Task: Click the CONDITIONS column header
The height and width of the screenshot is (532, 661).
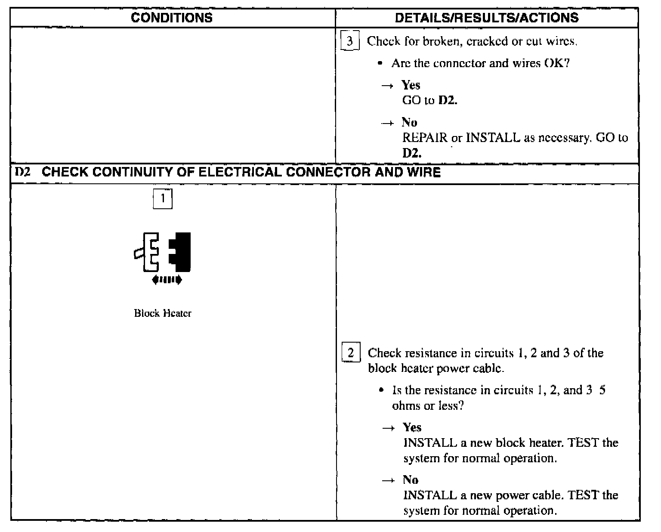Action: [x=172, y=18]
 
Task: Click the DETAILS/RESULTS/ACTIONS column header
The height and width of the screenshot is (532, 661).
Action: [x=486, y=18]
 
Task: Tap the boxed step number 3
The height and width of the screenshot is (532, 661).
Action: [x=349, y=41]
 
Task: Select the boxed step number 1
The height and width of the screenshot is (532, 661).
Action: [x=163, y=198]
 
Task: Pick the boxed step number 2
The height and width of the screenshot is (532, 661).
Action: [x=351, y=353]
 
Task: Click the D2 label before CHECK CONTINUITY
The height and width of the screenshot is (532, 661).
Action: [x=22, y=172]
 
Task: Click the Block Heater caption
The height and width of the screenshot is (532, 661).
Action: [x=162, y=313]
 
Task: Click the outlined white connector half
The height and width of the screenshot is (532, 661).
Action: [x=149, y=252]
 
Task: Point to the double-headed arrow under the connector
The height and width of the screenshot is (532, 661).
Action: [x=167, y=280]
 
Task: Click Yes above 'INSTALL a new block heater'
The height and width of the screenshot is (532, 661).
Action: [x=412, y=427]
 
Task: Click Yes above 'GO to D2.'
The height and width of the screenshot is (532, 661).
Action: [x=411, y=85]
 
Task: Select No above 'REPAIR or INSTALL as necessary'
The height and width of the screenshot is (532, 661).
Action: [x=409, y=122]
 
